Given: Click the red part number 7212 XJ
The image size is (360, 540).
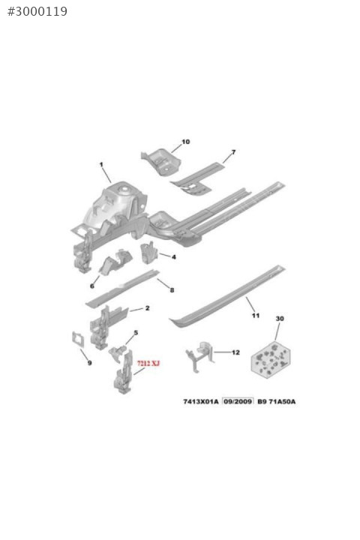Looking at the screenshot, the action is coord(148,363).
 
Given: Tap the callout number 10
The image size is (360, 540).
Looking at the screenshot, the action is coord(186,142).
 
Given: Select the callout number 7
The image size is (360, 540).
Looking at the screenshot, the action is coord(233,151).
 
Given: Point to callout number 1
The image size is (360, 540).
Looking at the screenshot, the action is coord(101,164).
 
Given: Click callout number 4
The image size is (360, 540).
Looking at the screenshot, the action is coord(174,257).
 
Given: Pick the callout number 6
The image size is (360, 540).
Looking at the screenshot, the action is coord(92,286).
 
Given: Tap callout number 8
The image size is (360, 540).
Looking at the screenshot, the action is coord(172,290).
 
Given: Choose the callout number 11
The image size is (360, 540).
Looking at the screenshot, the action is coord(256,315).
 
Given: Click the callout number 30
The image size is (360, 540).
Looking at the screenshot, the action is coord(280,319).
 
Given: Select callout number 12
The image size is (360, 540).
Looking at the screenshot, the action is coord(235,352).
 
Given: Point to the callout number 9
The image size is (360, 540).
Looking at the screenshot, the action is coord(89,363).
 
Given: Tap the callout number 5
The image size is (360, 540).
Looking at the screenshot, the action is coord(136,333).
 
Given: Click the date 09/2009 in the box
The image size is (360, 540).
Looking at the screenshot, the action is coord(238,401).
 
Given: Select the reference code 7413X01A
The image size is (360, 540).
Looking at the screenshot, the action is coord(201,401).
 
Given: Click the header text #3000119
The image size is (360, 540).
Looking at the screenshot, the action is coord(37,11).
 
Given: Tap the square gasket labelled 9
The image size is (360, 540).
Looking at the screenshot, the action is coord(78,339).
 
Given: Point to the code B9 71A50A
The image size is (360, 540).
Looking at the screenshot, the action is coord(277,401).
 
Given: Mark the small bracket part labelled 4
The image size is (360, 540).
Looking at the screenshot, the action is coord(148,253).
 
